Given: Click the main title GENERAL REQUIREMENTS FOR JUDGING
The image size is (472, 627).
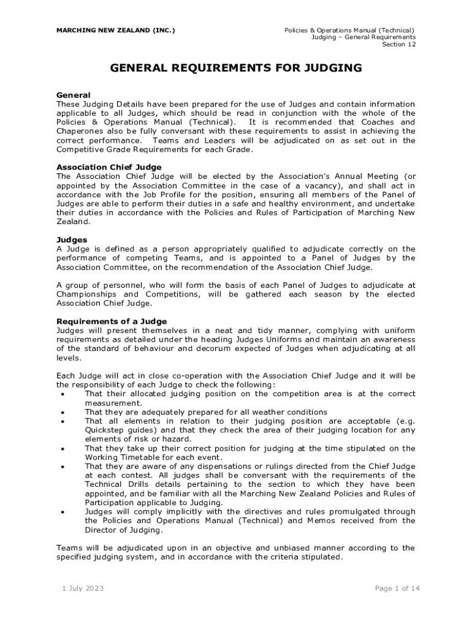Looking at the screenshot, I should point(236,67).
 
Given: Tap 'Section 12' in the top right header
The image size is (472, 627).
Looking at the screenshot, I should point(398,45).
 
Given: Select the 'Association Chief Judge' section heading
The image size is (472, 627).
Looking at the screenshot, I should point(109,167).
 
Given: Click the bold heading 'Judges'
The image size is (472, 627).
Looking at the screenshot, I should point(72,239).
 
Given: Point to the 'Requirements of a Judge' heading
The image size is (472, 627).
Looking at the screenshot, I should point(112,321).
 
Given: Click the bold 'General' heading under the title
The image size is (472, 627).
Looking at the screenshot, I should point(74,95).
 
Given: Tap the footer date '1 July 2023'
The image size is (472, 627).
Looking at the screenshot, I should point(83,588).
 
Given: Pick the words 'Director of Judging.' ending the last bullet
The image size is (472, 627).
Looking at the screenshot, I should point(123,530).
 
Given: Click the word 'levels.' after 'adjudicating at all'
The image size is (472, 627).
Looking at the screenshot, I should point(68,358).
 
